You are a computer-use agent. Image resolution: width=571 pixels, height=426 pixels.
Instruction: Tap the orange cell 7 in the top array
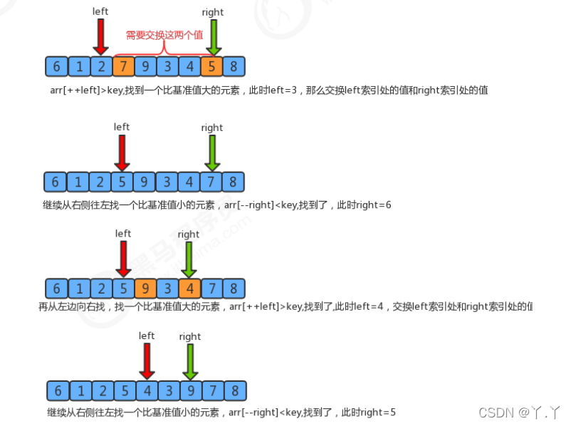123,68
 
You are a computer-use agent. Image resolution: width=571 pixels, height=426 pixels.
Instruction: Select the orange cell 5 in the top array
211,68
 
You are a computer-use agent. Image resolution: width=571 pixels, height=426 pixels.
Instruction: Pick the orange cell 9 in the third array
145,289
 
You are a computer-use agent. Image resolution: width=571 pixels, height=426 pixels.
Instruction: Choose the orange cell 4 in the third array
189,289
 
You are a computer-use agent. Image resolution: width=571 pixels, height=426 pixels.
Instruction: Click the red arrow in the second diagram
122,151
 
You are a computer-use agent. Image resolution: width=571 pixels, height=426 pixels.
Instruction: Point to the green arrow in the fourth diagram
190,360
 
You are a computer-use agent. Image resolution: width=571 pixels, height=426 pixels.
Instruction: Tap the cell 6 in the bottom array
58,390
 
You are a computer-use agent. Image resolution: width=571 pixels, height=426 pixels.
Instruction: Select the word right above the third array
189,234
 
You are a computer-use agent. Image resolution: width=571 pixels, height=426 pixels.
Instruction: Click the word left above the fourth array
147,336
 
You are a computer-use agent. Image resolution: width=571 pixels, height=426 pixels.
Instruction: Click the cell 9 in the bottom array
191,390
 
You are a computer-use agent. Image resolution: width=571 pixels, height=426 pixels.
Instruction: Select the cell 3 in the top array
167,68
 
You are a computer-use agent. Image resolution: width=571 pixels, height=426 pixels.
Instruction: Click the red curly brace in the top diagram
165,48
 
